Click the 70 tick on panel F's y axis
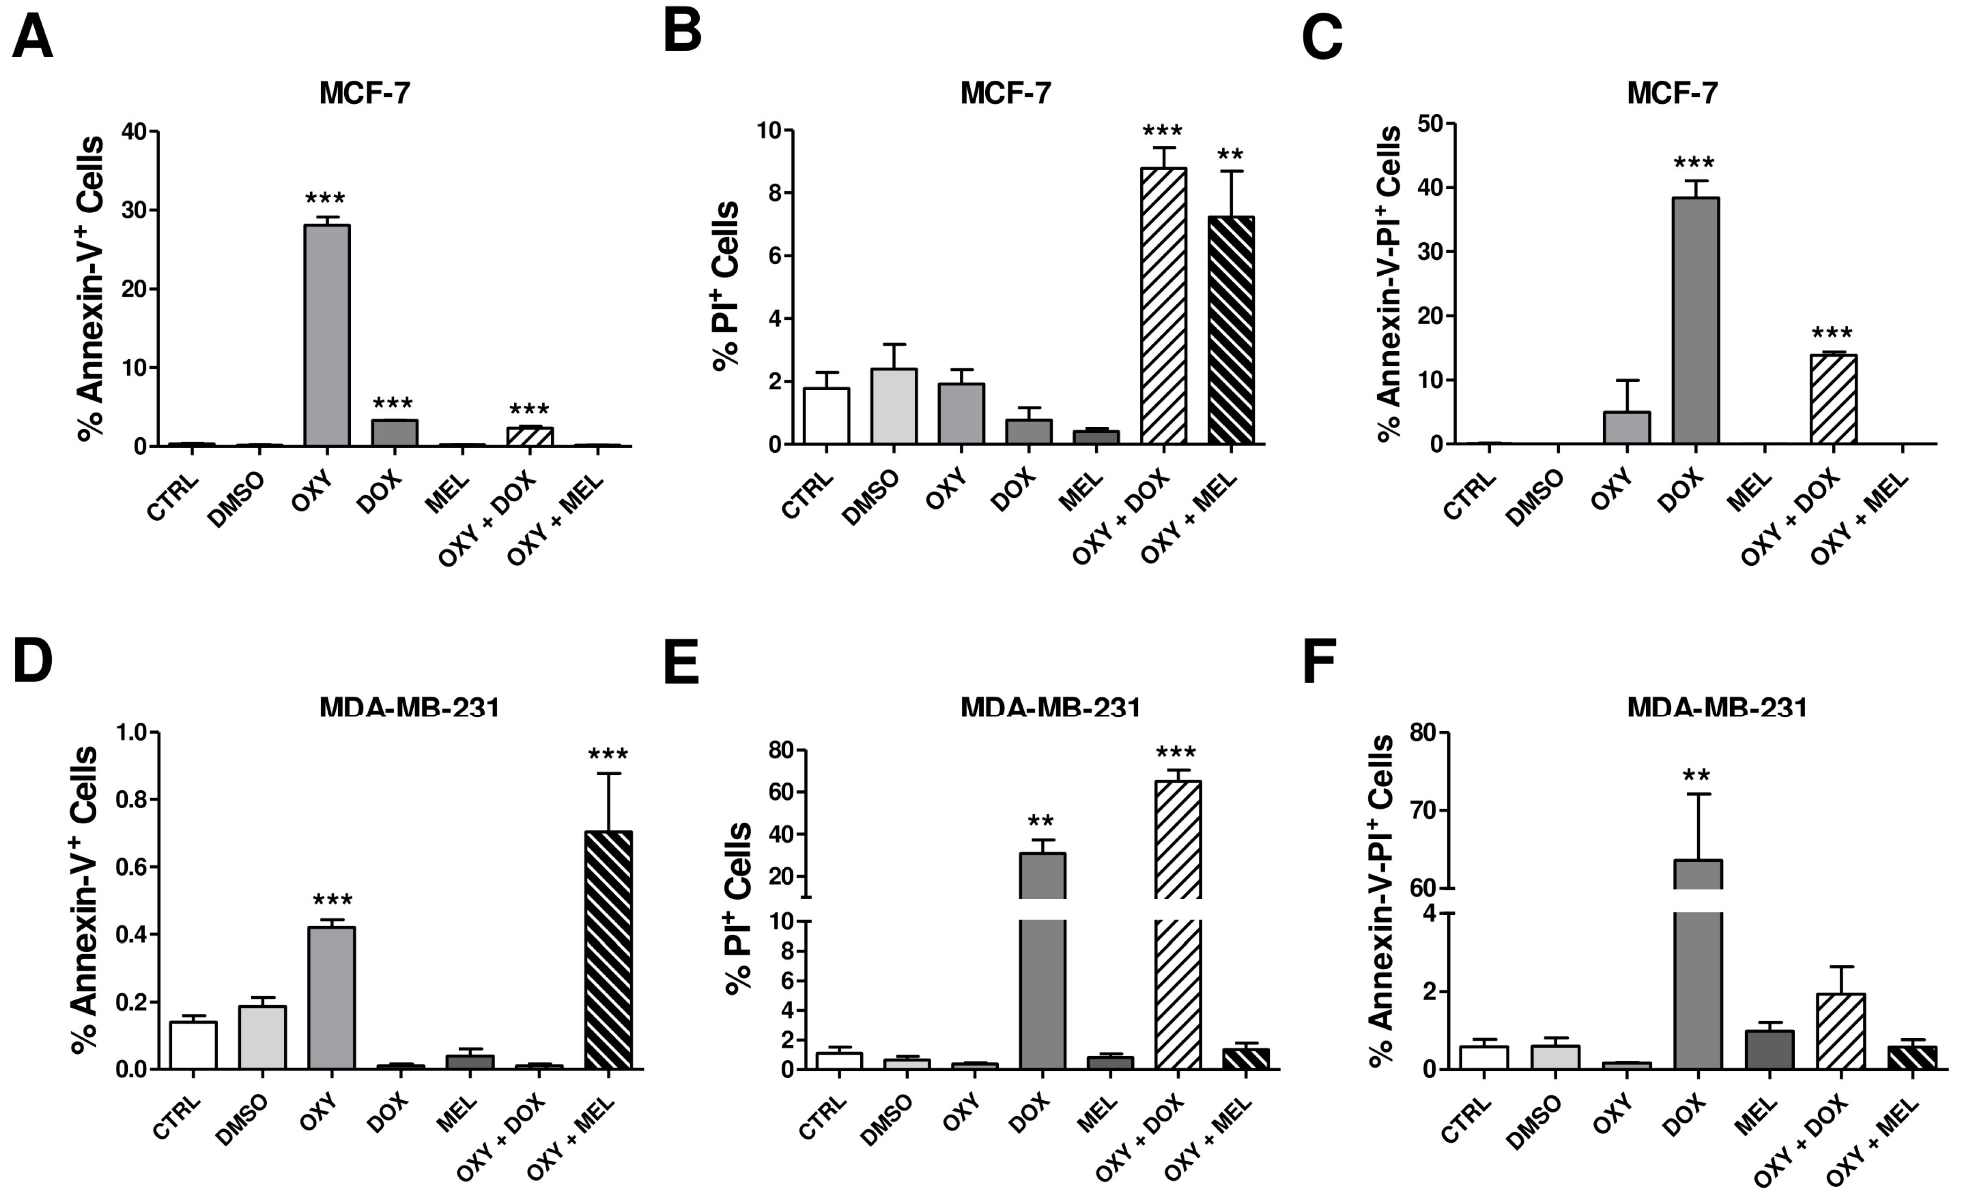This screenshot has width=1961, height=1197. point(1425,811)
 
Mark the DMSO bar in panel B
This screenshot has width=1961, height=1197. point(894,406)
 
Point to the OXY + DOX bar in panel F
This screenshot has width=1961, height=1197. point(1841,1031)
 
